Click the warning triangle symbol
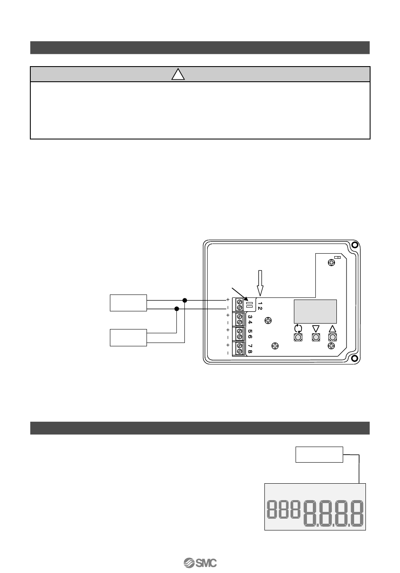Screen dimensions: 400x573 tap(179, 75)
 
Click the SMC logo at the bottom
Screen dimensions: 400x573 tap(200, 563)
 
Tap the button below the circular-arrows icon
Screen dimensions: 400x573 tap(298, 337)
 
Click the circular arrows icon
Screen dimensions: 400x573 tap(298, 328)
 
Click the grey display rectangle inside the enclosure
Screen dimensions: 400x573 tap(315, 311)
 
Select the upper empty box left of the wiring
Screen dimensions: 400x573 tap(128, 303)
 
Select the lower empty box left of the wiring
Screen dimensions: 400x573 tap(128, 337)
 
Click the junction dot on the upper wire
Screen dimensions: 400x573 tap(184, 300)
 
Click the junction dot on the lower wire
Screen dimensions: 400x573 tap(177, 308)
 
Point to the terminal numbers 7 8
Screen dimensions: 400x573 tap(250, 348)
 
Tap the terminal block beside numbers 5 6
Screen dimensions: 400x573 tap(240, 334)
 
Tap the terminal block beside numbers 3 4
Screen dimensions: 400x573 tap(240, 319)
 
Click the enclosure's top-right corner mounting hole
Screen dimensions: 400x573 tap(355, 245)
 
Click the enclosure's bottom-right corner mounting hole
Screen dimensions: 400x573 tap(355, 359)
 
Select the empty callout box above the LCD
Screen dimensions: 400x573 tap(319, 454)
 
